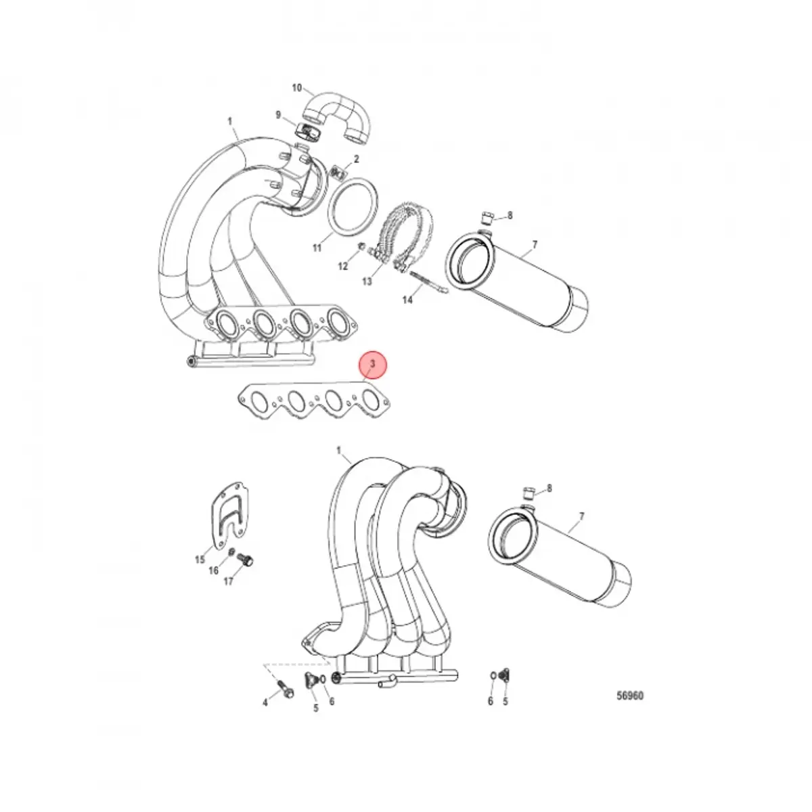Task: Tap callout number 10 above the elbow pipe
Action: point(296,88)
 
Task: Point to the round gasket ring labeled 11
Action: point(353,206)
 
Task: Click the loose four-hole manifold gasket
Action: point(315,401)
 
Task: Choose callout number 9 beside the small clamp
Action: point(278,115)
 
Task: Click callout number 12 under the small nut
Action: point(343,267)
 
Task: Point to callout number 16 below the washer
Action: point(214,570)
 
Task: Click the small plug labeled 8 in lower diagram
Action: point(529,490)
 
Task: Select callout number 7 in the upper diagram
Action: point(534,244)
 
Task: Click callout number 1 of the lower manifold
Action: point(338,451)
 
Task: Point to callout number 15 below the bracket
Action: point(200,559)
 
